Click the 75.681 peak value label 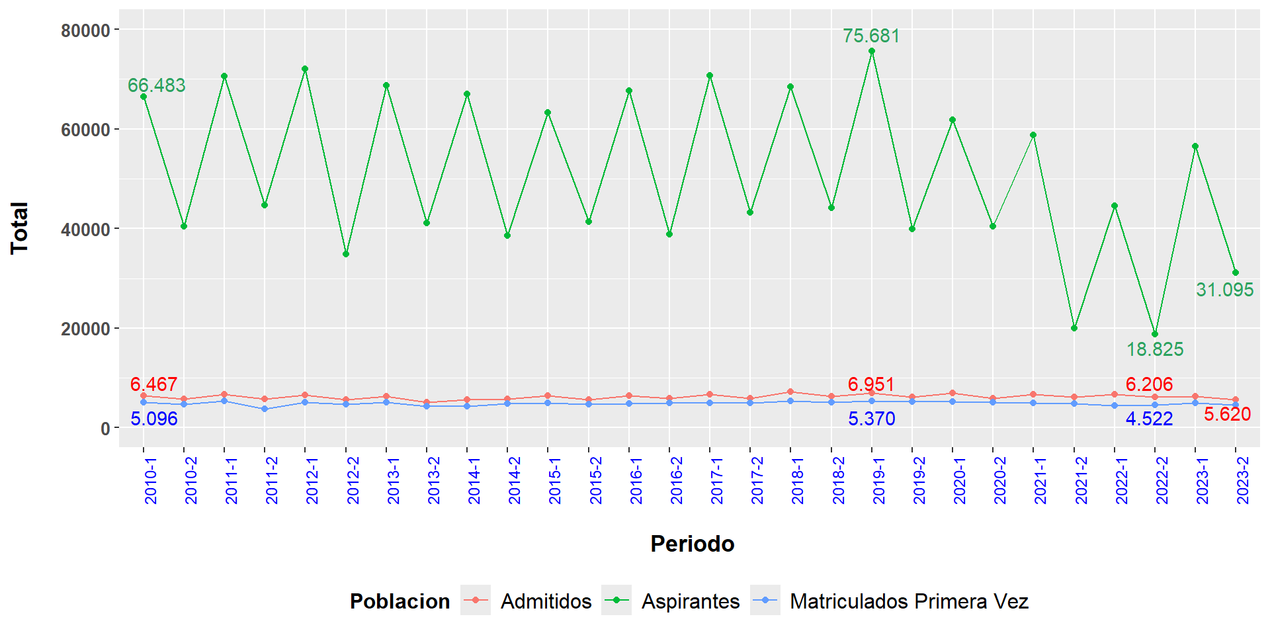click(x=871, y=36)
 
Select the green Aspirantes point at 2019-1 click(x=872, y=51)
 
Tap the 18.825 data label click(x=1155, y=349)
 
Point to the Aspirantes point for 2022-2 click(x=1155, y=334)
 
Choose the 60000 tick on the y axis click(x=85, y=130)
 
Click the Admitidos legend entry click(x=546, y=601)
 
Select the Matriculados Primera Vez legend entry click(x=909, y=601)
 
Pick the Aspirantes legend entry click(x=690, y=601)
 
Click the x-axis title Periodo click(x=693, y=544)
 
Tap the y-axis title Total click(x=20, y=228)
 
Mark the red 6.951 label click(x=871, y=384)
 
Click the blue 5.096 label click(x=154, y=419)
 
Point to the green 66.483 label click(x=157, y=85)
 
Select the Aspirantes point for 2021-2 click(x=1074, y=328)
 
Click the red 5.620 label click(x=1227, y=414)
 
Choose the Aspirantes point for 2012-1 click(x=305, y=69)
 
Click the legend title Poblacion click(x=400, y=601)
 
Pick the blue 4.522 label click(x=1150, y=419)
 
